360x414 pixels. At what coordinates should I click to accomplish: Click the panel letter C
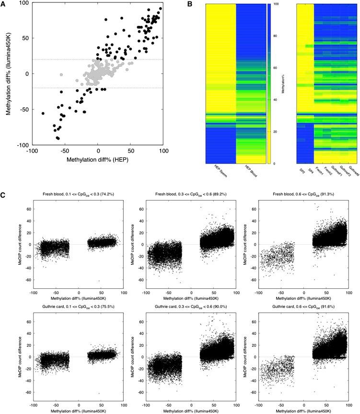click(4, 197)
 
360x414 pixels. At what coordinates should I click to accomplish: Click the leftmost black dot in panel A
click(43, 114)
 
